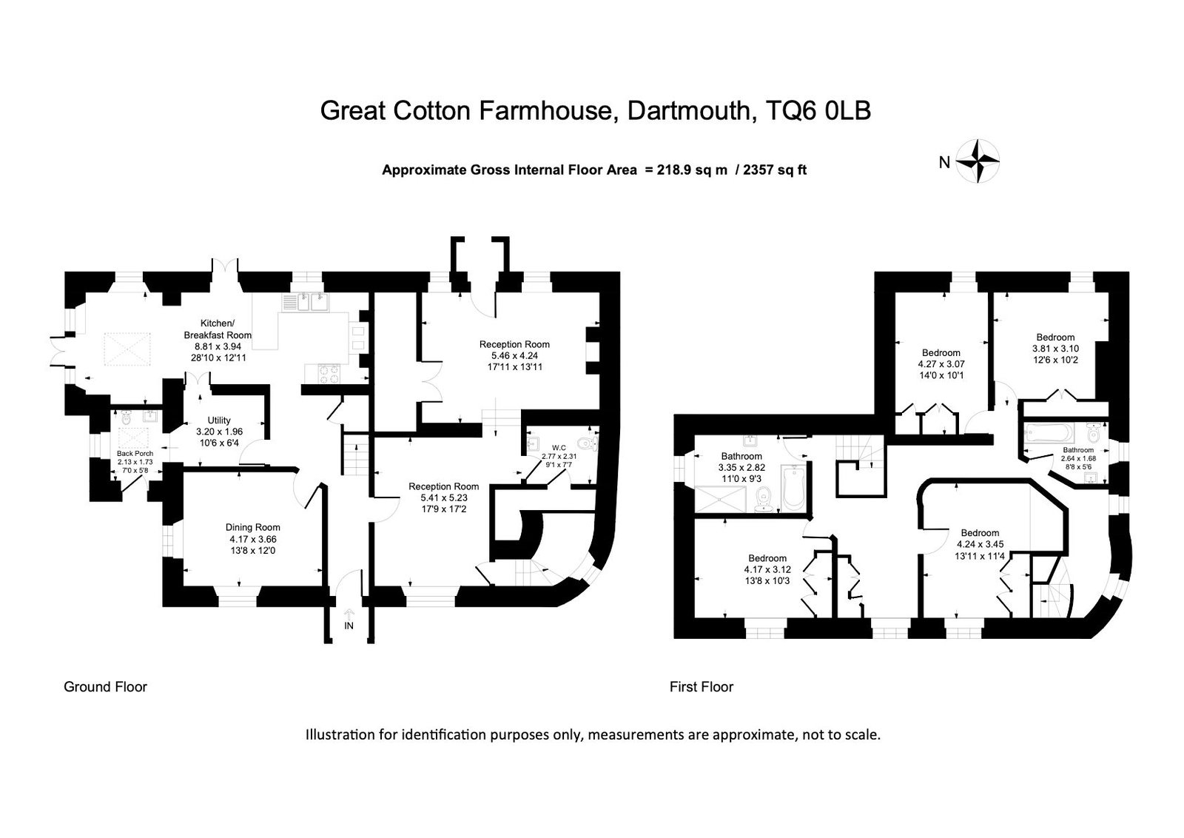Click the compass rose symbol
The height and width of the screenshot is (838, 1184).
click(x=978, y=161)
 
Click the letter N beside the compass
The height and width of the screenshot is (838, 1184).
click(x=944, y=163)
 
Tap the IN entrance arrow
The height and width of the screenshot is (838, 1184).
click(x=349, y=614)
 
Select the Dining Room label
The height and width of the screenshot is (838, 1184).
click(x=252, y=527)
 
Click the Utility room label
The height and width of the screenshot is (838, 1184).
click(x=219, y=420)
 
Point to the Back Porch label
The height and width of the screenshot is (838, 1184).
click(x=135, y=453)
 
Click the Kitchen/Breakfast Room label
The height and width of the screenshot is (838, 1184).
click(x=218, y=329)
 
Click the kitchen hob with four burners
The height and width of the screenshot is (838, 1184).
click(x=329, y=374)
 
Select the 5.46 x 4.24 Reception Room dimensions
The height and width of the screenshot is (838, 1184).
click(x=514, y=356)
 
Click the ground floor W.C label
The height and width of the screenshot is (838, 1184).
click(x=559, y=448)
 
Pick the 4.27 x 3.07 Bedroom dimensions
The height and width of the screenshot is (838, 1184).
click(x=941, y=363)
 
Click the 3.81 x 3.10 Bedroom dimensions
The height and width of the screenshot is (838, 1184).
click(x=1055, y=349)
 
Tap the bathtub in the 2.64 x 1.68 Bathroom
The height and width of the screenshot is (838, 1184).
click(x=1049, y=433)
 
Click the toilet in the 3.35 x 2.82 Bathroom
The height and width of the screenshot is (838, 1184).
click(x=764, y=499)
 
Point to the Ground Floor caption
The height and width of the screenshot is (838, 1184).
click(x=105, y=687)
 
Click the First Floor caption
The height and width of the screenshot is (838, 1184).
click(x=702, y=687)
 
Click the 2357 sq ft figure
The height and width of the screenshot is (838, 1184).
click(x=774, y=170)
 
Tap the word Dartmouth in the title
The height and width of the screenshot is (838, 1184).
click(x=689, y=111)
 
